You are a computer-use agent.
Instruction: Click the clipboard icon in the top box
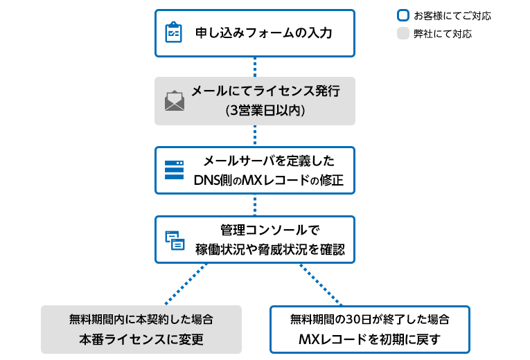pyautogui.click(x=173, y=33)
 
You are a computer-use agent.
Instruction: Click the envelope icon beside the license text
pyautogui.click(x=175, y=101)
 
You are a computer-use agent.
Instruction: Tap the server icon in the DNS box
pyautogui.click(x=174, y=170)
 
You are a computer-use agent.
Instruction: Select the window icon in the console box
pyautogui.click(x=175, y=240)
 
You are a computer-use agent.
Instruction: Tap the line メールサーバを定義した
pyautogui.click(x=268, y=161)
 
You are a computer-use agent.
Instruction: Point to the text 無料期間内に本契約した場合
pyautogui.click(x=141, y=320)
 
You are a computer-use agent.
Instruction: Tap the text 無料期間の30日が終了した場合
pyautogui.click(x=370, y=320)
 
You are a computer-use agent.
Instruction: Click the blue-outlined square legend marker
pyautogui.click(x=403, y=15)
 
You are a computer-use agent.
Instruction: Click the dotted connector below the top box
pyautogui.click(x=255, y=66)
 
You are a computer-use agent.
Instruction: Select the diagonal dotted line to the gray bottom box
pyautogui.click(x=187, y=284)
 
